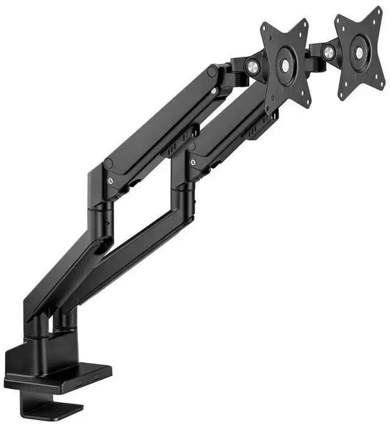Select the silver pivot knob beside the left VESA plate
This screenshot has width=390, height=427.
(252, 67)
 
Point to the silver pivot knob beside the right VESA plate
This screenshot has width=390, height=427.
(328, 52)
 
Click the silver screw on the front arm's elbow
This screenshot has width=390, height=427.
(110, 181)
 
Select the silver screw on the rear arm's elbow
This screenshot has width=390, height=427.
(193, 163)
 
